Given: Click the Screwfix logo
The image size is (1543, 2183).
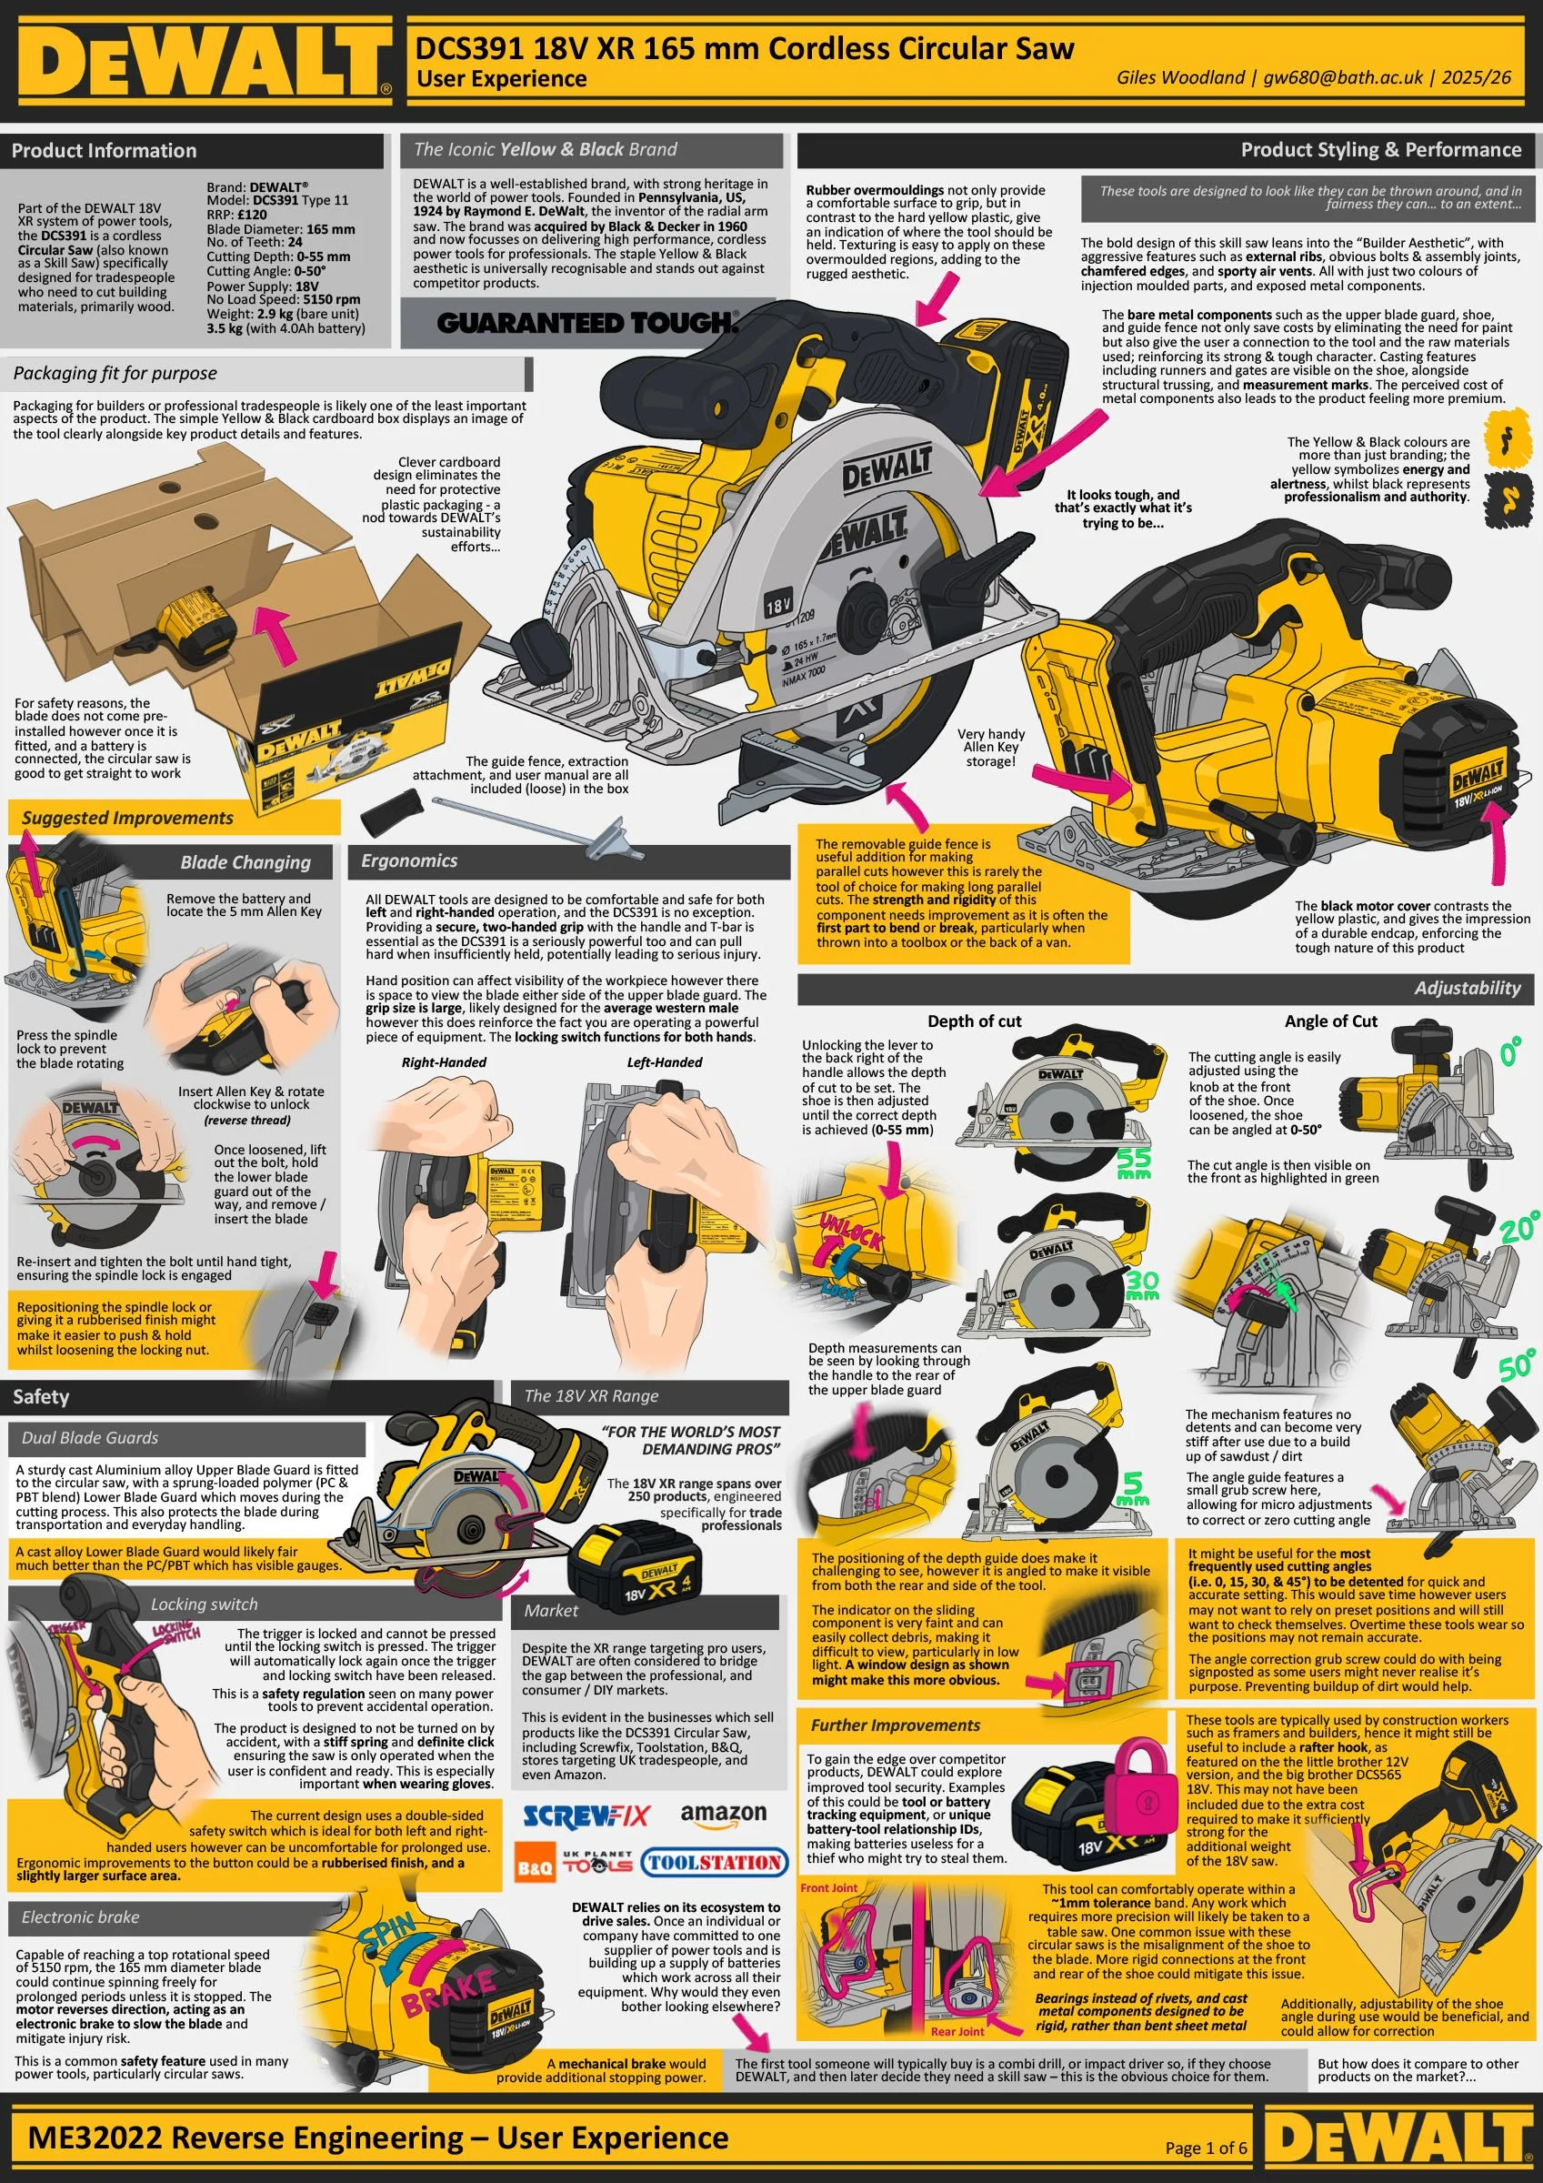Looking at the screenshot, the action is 586,1816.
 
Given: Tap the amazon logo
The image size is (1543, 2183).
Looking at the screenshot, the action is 723,1815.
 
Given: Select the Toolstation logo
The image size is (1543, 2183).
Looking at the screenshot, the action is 714,1863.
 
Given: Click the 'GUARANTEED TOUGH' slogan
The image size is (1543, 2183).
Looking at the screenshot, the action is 586,323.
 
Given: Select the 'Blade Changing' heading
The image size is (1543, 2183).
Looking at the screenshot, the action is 245,862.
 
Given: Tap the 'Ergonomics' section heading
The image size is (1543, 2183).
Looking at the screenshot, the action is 409,860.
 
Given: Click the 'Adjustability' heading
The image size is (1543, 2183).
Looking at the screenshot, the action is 1467,988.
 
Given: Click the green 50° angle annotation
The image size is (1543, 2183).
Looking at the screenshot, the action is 1516,1365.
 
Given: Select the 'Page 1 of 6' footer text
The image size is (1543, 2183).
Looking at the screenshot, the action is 1206,2147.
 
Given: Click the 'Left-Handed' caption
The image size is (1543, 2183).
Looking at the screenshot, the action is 664,1062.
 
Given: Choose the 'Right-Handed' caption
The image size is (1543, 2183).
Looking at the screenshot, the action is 443,1062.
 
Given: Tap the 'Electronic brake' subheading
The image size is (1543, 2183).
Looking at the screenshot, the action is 80,1916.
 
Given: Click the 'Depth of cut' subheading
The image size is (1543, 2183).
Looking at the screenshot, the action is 974,1021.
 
